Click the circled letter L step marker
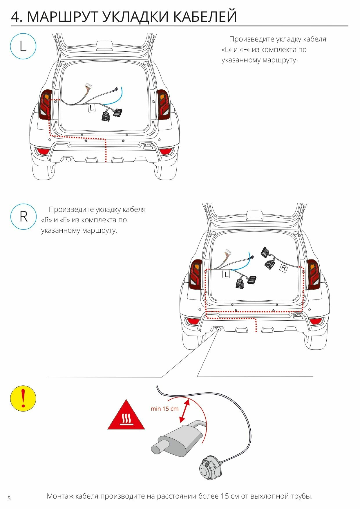(23, 46)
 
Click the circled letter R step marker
(23, 216)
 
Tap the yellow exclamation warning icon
(23, 398)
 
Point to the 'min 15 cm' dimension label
(164, 409)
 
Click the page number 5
(9, 498)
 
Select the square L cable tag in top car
(92, 108)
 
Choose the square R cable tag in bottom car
(284, 268)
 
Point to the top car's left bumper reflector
(42, 151)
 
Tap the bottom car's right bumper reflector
(316, 321)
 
